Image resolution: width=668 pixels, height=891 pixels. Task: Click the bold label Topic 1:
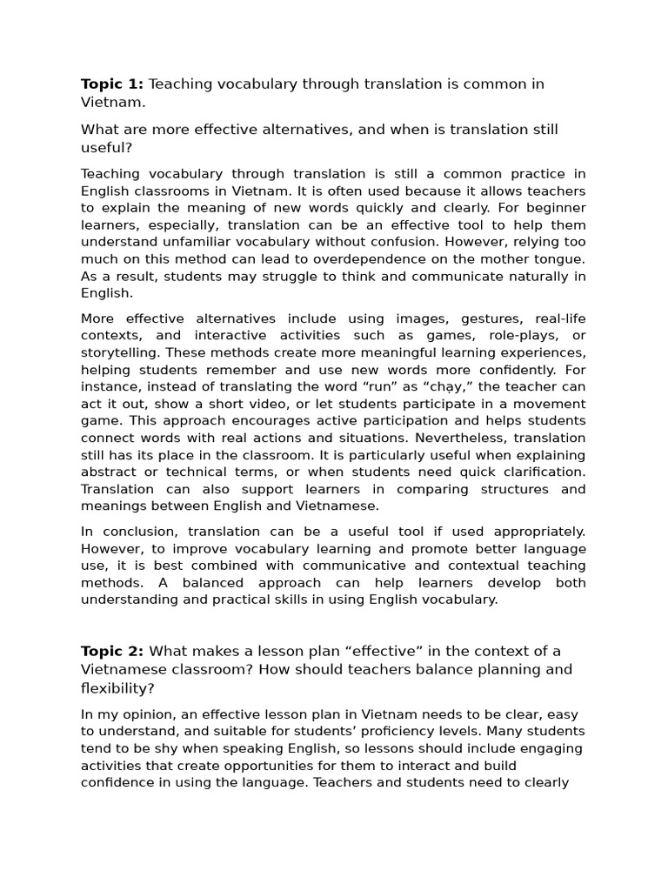[112, 84]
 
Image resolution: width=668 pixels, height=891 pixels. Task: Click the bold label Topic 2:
[112, 652]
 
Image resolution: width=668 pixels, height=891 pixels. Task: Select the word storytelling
[121, 353]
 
